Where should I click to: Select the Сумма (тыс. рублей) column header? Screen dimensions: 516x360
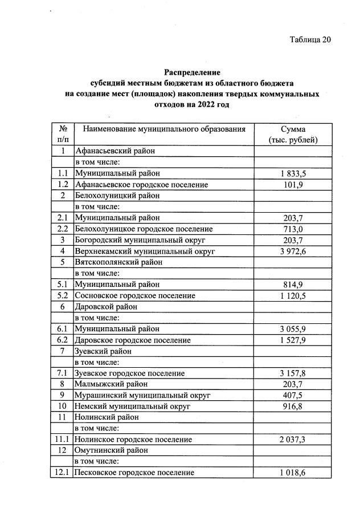(293, 134)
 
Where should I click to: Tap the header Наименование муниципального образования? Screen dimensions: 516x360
(164, 129)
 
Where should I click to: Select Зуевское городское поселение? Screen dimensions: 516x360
(129, 373)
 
